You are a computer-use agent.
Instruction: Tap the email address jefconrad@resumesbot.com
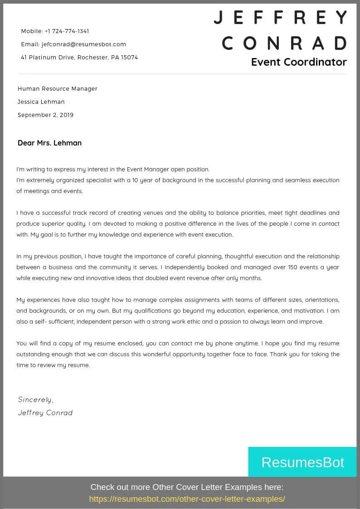coord(83,44)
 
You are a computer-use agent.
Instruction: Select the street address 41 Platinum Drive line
coord(79,58)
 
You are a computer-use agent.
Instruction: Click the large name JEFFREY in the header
coord(280,18)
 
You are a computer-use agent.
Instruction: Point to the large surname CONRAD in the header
coord(284,44)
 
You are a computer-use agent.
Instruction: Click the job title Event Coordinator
coord(299,62)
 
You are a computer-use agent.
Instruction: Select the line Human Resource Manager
coord(58,89)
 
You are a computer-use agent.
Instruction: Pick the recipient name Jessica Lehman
coord(41,102)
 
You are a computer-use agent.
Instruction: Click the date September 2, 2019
coord(45,115)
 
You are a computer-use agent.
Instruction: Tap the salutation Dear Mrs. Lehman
coord(49,143)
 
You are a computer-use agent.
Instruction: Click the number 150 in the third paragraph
coord(293,267)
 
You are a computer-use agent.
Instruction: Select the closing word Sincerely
coord(35,400)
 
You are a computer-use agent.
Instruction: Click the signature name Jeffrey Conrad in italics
coord(45,413)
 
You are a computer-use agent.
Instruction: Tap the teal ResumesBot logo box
coord(302,462)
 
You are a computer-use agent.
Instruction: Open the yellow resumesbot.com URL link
coord(187,499)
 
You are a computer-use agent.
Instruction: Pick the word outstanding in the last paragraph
coord(34,354)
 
